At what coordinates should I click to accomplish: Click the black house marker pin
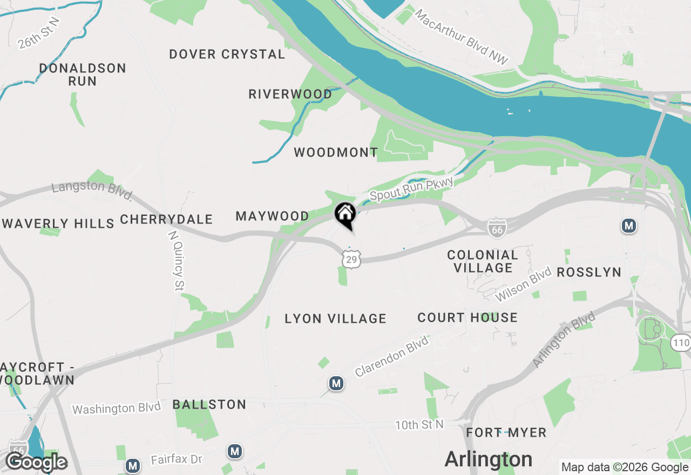pyautogui.click(x=345, y=215)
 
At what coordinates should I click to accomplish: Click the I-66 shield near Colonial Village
pyautogui.click(x=496, y=228)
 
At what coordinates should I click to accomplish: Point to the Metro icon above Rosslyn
pyautogui.click(x=628, y=226)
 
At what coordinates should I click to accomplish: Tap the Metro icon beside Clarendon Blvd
pyautogui.click(x=336, y=384)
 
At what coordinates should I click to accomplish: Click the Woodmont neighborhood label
pyautogui.click(x=336, y=153)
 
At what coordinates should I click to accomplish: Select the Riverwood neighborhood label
pyautogui.click(x=290, y=94)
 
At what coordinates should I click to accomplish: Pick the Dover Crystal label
pyautogui.click(x=227, y=55)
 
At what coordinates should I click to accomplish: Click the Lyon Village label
pyautogui.click(x=335, y=319)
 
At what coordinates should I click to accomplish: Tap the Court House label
pyautogui.click(x=468, y=318)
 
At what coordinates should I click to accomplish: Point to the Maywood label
pyautogui.click(x=273, y=216)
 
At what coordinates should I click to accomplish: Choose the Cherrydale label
pyautogui.click(x=166, y=220)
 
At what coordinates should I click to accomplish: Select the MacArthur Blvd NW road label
pyautogui.click(x=462, y=36)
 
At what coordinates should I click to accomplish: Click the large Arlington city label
pyautogui.click(x=489, y=459)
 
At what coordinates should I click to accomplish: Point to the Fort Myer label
pyautogui.click(x=506, y=432)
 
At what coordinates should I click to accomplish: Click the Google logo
pyautogui.click(x=37, y=463)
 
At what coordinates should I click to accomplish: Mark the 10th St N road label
pyautogui.click(x=419, y=425)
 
